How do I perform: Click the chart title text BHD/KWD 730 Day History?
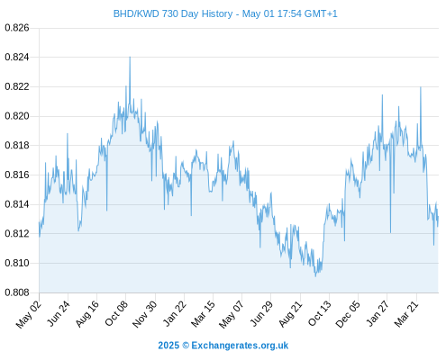click(173, 13)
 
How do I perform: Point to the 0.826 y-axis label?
click(17, 28)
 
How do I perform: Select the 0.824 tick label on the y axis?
click(17, 57)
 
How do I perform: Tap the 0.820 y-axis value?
click(17, 116)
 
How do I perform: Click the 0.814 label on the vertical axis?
click(17, 204)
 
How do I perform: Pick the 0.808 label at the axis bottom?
click(17, 292)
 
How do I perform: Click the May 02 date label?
click(29, 314)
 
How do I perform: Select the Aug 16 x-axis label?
click(87, 314)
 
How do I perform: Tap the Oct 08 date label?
click(116, 313)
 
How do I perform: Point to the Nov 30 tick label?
click(145, 314)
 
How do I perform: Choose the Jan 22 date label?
click(175, 313)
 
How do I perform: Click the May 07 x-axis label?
click(232, 314)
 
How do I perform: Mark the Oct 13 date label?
click(320, 313)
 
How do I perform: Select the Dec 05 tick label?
click(348, 314)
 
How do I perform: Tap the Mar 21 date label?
click(406, 313)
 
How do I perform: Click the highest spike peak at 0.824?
click(130, 57)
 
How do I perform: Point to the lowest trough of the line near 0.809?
click(315, 276)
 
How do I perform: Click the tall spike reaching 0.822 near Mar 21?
click(421, 87)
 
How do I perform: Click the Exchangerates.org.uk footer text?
click(240, 346)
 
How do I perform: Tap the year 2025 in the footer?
click(168, 346)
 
